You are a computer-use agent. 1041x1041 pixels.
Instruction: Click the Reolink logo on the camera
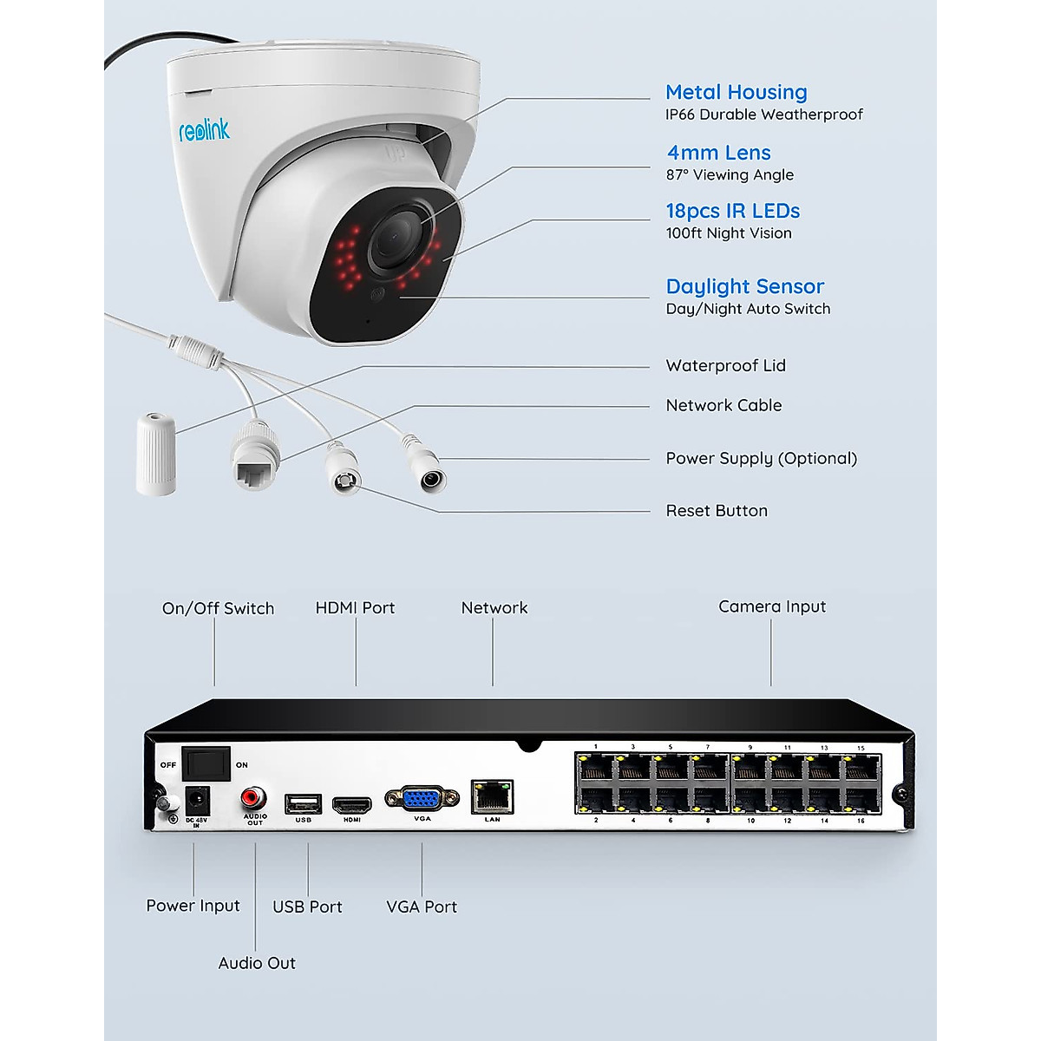click(204, 131)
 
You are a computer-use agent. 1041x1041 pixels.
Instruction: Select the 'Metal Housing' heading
click(736, 92)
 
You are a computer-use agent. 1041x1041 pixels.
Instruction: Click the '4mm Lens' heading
click(718, 153)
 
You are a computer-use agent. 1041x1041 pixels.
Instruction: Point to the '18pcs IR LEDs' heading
click(732, 211)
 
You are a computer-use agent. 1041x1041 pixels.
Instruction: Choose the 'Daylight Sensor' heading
click(744, 286)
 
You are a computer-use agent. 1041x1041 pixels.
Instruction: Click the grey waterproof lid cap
click(156, 454)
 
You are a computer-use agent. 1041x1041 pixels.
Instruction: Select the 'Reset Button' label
click(717, 511)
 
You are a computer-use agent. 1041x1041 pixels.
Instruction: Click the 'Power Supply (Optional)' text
click(761, 458)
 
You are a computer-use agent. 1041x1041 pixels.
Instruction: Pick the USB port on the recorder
click(303, 803)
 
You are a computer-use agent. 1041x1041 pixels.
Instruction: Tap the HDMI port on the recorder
click(352, 805)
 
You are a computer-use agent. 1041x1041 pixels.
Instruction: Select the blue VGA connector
click(422, 799)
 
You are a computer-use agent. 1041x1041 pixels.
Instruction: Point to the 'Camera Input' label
click(772, 606)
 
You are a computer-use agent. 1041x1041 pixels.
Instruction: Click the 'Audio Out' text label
click(257, 963)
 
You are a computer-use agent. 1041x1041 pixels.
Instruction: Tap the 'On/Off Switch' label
click(218, 608)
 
